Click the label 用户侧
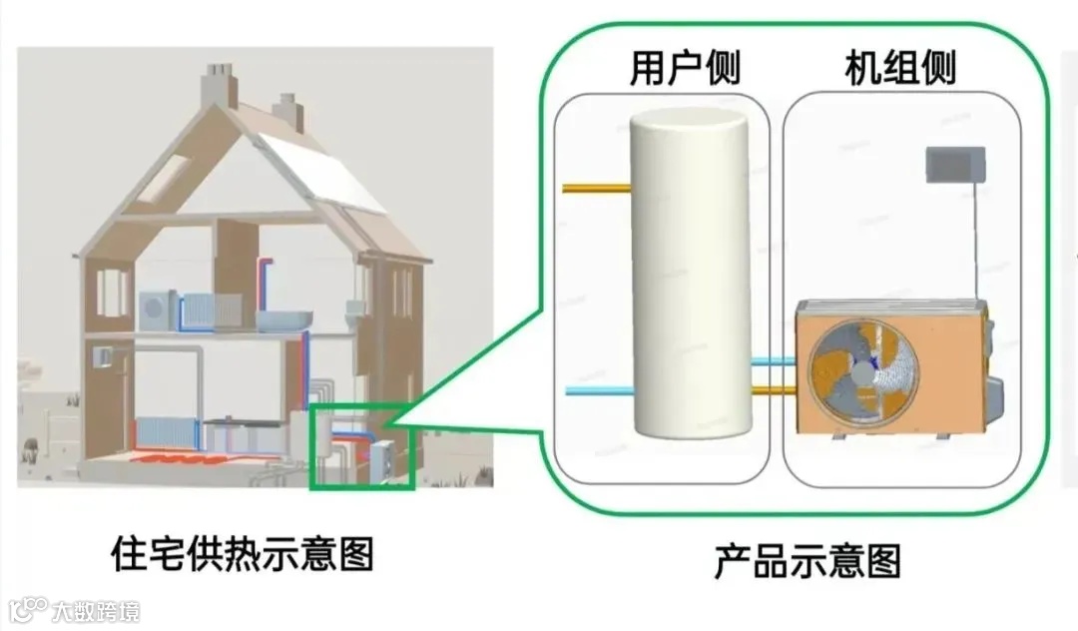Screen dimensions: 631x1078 [x=685, y=68]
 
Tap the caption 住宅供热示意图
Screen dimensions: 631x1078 [x=243, y=553]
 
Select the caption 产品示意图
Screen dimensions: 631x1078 [x=807, y=561]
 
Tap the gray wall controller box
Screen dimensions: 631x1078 [x=955, y=164]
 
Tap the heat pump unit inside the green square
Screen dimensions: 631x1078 [x=381, y=460]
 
